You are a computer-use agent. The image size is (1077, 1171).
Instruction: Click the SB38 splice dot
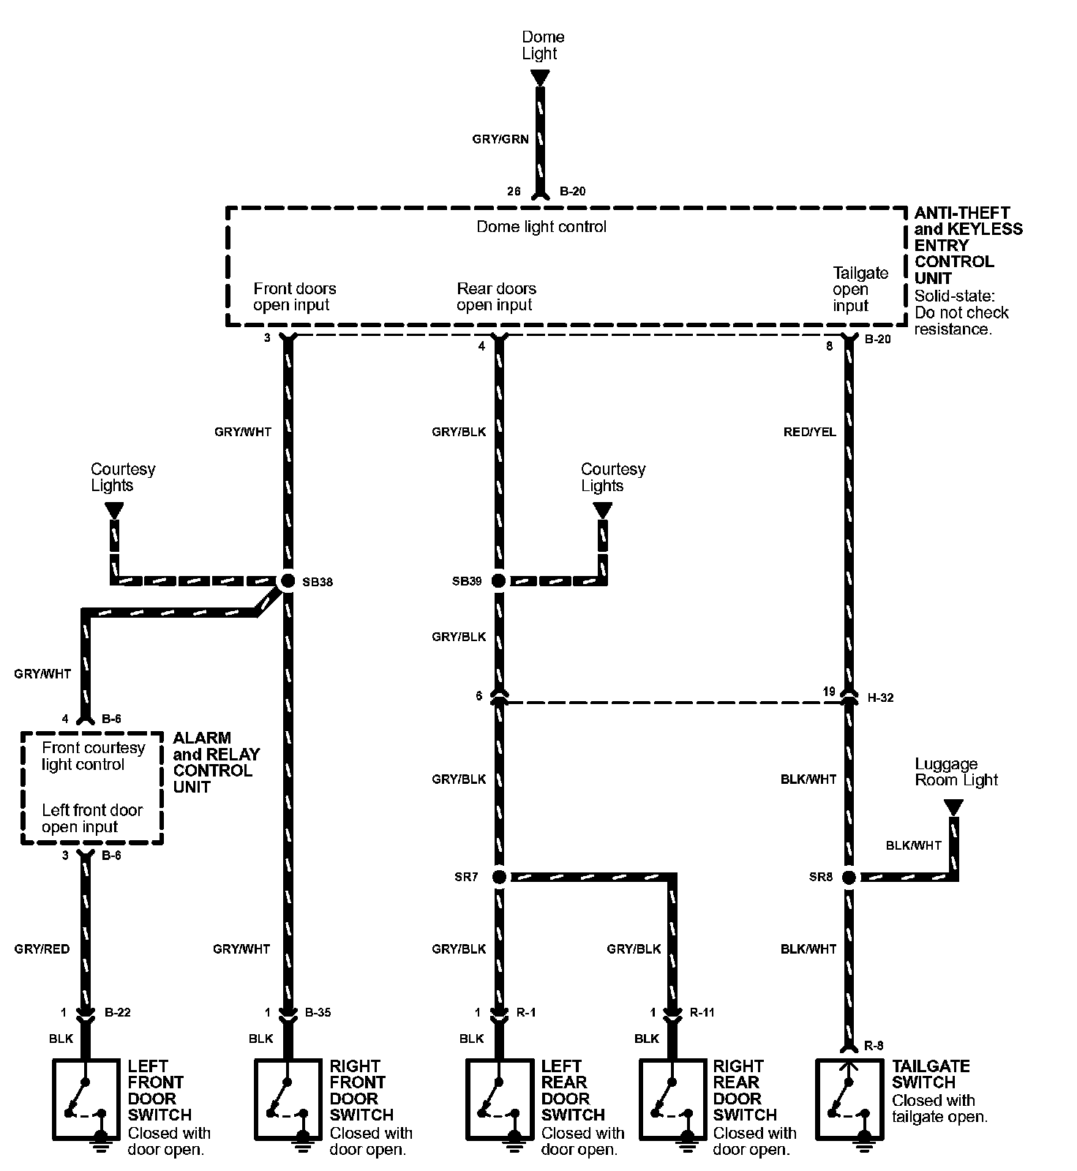click(287, 581)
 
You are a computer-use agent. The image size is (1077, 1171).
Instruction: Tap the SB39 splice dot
click(498, 581)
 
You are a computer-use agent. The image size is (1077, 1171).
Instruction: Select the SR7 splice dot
click(498, 876)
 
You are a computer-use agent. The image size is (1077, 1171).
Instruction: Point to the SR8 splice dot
click(849, 876)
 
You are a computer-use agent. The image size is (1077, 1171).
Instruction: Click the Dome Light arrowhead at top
click(540, 77)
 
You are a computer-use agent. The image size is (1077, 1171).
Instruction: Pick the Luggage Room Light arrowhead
click(953, 808)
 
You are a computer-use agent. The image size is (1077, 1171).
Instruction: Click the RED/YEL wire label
click(809, 432)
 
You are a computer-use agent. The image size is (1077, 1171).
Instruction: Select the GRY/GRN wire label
click(500, 139)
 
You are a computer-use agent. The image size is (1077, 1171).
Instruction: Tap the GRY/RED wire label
click(42, 949)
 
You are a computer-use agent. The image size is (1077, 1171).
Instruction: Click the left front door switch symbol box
click(86, 1099)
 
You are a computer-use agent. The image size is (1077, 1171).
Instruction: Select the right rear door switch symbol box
click(671, 1099)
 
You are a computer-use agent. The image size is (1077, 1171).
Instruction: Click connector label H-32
click(880, 697)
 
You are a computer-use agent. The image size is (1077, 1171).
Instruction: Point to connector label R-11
click(702, 1013)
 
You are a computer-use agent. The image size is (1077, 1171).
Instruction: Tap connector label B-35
click(318, 1013)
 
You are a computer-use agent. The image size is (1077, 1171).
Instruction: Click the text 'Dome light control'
click(541, 227)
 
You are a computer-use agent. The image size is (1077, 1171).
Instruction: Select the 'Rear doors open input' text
click(496, 296)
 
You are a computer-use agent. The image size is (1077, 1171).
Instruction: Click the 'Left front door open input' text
click(92, 818)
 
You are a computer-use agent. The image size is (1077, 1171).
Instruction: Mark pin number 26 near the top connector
click(514, 191)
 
